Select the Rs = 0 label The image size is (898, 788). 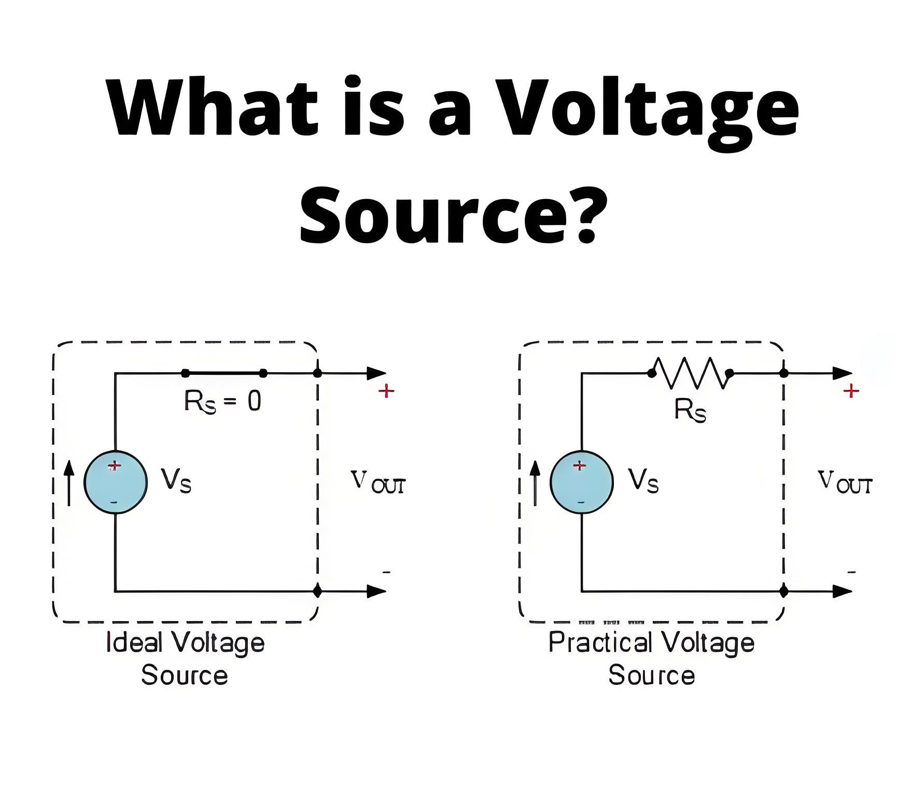coord(222,401)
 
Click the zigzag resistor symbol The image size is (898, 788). coord(690,373)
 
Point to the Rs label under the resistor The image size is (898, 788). coord(690,410)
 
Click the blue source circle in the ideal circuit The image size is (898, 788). coord(116,482)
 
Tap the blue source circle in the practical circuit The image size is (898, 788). coord(582,482)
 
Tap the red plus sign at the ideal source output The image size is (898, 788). coord(386,391)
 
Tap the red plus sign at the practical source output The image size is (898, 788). coord(851,391)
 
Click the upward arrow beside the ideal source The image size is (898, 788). coord(69,483)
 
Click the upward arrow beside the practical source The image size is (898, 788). coord(536,483)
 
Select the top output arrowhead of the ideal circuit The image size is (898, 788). coord(376,373)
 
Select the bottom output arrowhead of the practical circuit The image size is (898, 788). coord(843,591)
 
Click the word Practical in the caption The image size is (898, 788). coord(600,642)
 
